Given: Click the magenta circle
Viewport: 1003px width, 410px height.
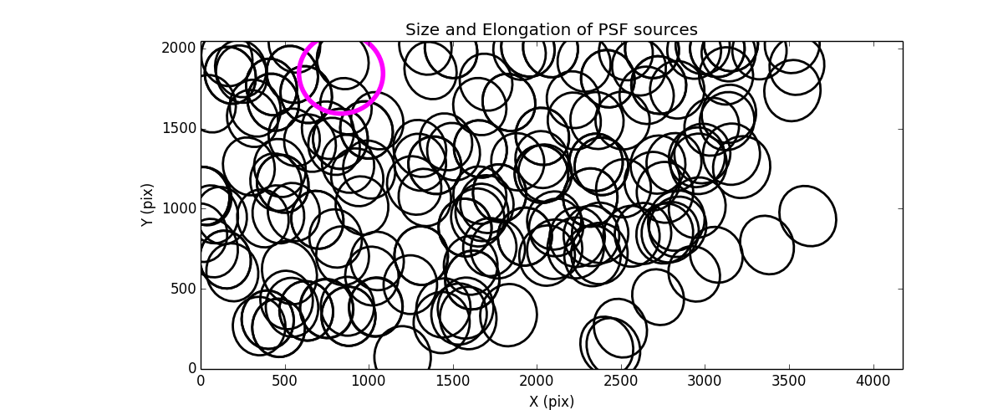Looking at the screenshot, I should tap(341, 73).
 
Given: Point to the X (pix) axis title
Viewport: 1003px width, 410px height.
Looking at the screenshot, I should tap(551, 401).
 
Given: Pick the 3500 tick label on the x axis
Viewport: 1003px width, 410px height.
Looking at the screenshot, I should tap(789, 381).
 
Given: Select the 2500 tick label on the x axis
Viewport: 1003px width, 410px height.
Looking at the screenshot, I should tap(621, 381).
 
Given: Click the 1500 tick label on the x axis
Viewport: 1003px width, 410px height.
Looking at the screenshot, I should tap(453, 381).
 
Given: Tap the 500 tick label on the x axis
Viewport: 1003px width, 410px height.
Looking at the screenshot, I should tap(285, 381).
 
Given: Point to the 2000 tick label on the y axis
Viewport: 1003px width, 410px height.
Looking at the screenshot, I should tap(178, 49).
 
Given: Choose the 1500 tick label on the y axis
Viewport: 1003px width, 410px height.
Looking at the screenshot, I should tap(178, 128).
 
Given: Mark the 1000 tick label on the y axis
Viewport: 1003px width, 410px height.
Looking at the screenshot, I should tap(178, 208).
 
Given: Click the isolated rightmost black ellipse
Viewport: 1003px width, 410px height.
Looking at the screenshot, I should tap(807, 216).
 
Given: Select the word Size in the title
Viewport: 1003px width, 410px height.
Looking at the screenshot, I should tap(420, 30).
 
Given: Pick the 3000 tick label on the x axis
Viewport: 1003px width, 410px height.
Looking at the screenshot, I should tap(705, 381).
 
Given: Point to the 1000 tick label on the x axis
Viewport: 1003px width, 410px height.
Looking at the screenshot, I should tap(369, 381).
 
